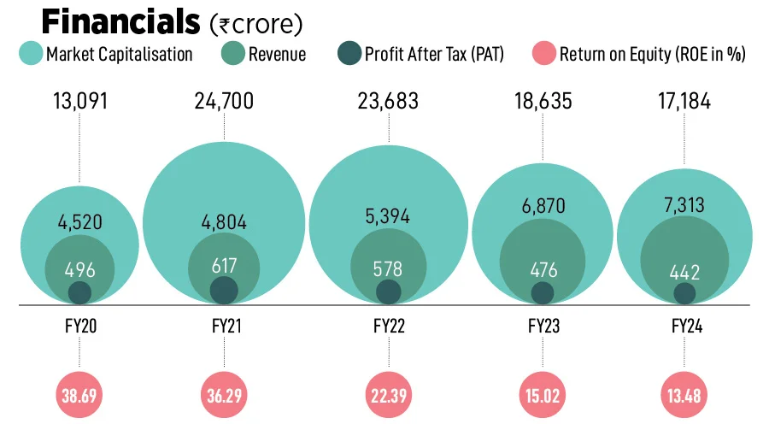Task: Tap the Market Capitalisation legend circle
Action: (x=31, y=55)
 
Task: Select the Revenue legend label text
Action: (x=277, y=55)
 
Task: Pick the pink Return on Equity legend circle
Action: (x=544, y=55)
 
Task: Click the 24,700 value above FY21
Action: (x=224, y=102)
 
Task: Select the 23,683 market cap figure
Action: (x=389, y=102)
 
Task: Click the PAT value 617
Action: (x=224, y=266)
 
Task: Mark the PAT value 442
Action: (x=684, y=273)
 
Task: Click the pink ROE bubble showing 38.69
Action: (x=79, y=396)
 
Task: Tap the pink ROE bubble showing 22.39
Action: (x=389, y=396)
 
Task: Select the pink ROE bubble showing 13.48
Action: (x=684, y=396)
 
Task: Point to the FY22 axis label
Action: (x=389, y=326)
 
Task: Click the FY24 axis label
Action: (x=684, y=326)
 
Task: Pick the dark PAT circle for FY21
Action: (x=224, y=290)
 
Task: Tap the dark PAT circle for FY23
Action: (x=543, y=293)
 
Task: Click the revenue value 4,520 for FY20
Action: (x=79, y=223)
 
